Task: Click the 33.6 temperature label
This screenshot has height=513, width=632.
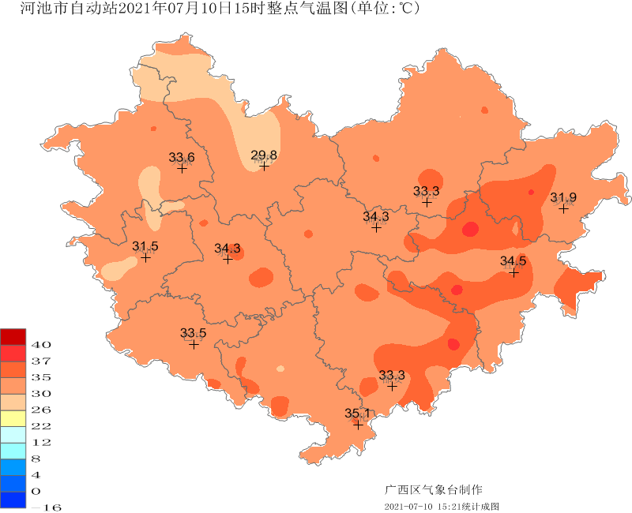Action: click(182, 157)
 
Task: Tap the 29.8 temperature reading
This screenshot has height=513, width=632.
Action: click(264, 155)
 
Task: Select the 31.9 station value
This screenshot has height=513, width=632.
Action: click(563, 197)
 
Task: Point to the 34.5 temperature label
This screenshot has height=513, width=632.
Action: click(513, 261)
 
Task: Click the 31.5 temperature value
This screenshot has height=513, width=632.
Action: click(145, 246)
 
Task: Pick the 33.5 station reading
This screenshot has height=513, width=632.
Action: click(194, 332)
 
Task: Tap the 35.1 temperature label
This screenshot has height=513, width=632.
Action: click(358, 414)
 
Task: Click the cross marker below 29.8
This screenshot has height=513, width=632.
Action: click(264, 166)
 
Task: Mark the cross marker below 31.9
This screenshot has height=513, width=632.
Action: click(563, 208)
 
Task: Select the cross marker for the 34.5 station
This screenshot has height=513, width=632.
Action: click(513, 272)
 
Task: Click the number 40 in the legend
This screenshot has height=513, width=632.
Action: click(41, 345)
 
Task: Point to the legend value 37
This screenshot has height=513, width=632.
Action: click(41, 361)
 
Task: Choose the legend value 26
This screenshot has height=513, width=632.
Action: click(41, 410)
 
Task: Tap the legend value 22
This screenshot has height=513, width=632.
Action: click(41, 425)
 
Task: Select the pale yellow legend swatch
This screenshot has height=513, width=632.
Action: click(13, 418)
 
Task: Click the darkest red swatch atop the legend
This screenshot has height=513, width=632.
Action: click(13, 336)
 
